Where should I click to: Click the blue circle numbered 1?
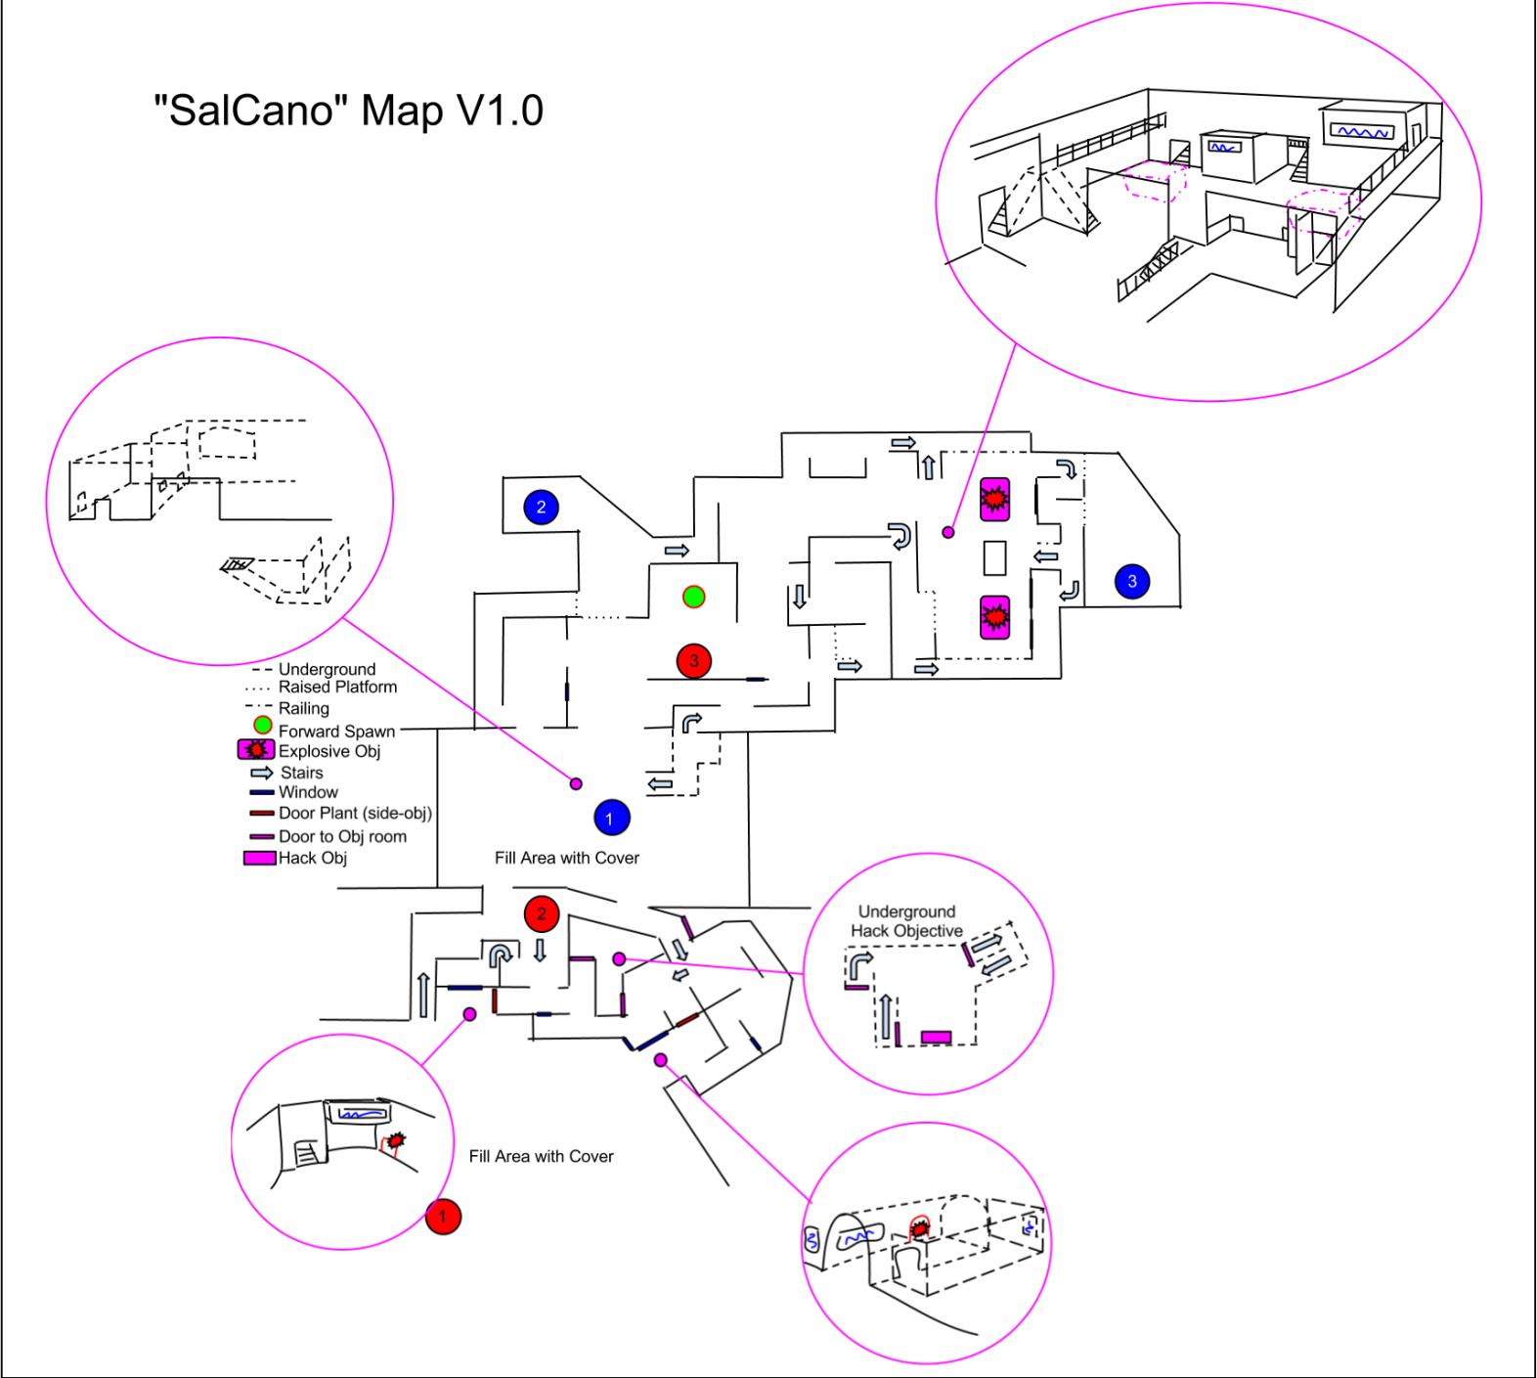pyautogui.click(x=610, y=817)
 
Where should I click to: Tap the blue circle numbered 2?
pyautogui.click(x=541, y=507)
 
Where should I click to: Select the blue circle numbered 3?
pyautogui.click(x=1132, y=581)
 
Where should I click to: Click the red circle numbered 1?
pyautogui.click(x=443, y=1217)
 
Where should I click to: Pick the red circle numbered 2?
pyautogui.click(x=541, y=913)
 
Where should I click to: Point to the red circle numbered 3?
pyautogui.click(x=694, y=661)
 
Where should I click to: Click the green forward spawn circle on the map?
pyautogui.click(x=693, y=596)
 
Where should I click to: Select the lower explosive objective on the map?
pyautogui.click(x=994, y=617)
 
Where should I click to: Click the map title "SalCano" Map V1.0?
pyautogui.click(x=349, y=110)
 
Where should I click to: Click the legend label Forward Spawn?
pyautogui.click(x=336, y=732)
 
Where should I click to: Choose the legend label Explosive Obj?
pyautogui.click(x=329, y=751)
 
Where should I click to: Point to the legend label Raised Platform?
pyautogui.click(x=337, y=687)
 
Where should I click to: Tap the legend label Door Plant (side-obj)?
pyautogui.click(x=355, y=813)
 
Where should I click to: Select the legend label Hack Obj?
pyautogui.click(x=313, y=858)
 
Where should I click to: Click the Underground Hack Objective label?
pyautogui.click(x=906, y=921)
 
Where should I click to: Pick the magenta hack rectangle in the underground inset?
pyautogui.click(x=936, y=1037)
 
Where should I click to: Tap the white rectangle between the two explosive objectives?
pyautogui.click(x=994, y=557)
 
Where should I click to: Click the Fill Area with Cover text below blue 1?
pyautogui.click(x=567, y=858)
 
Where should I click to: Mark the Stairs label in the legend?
pyautogui.click(x=301, y=773)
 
